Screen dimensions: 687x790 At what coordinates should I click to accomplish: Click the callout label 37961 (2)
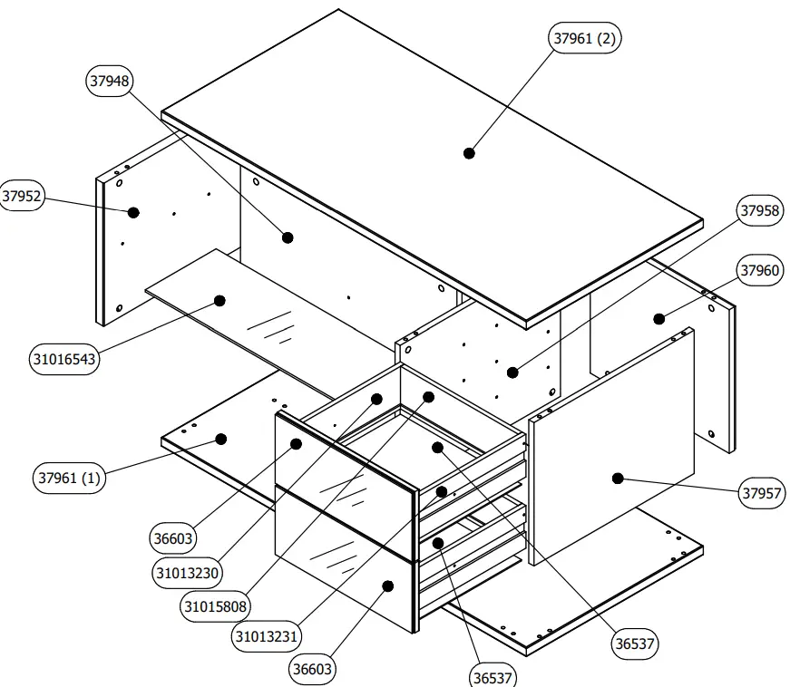click(x=587, y=38)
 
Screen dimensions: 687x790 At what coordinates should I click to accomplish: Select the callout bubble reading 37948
click(x=110, y=81)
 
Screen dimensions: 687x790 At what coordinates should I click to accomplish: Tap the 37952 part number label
click(x=22, y=198)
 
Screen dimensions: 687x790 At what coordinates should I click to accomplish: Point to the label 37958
click(x=759, y=211)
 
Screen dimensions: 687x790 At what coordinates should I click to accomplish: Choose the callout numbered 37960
click(x=759, y=270)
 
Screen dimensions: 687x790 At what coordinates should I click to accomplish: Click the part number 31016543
click(x=65, y=359)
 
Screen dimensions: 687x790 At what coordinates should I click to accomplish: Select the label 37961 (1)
click(x=69, y=478)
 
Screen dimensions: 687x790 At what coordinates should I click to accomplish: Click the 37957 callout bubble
click(x=759, y=493)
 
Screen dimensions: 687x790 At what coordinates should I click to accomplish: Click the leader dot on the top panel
click(x=469, y=153)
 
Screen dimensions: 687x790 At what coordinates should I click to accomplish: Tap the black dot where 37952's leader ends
click(x=133, y=212)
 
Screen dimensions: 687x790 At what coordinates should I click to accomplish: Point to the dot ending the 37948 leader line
click(x=288, y=237)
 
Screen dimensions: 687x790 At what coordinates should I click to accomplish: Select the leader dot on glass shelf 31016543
click(x=219, y=300)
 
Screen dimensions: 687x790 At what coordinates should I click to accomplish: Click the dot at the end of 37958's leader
click(x=512, y=372)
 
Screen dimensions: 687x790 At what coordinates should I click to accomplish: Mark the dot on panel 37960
click(x=659, y=318)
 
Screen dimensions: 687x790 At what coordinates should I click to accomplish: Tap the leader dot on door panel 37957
click(x=617, y=478)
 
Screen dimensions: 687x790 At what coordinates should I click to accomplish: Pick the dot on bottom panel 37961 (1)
click(x=219, y=439)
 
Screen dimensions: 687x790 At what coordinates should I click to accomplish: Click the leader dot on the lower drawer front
click(x=387, y=585)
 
